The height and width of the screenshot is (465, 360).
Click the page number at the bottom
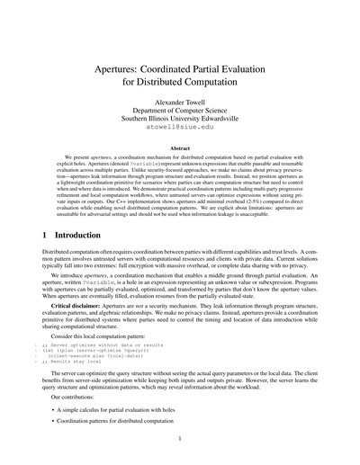click(180, 439)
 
